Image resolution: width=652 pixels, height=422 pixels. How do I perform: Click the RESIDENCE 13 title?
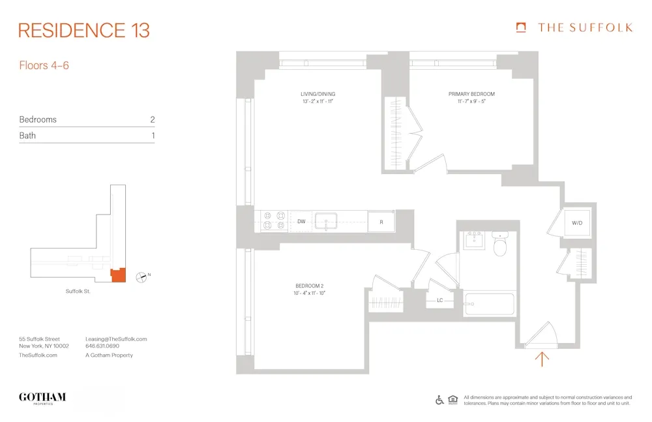[84, 30]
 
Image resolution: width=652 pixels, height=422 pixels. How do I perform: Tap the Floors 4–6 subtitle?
[44, 65]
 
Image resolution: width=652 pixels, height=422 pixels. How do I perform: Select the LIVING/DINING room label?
[318, 94]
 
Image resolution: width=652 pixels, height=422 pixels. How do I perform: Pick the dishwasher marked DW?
[301, 222]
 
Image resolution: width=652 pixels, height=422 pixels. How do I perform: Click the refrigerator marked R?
[381, 222]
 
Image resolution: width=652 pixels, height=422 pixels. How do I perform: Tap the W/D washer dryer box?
[577, 223]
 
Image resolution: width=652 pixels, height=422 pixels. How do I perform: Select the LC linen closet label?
[440, 301]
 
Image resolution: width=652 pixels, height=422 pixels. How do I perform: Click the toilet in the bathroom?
[501, 247]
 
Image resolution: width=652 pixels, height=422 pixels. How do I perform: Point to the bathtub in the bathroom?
[490, 304]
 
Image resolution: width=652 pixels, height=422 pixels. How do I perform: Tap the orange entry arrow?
[542, 358]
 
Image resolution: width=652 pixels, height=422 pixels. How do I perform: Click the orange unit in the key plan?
[117, 275]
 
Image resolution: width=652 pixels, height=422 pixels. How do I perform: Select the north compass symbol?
[140, 277]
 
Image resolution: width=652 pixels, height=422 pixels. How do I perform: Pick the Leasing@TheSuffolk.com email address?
[116, 339]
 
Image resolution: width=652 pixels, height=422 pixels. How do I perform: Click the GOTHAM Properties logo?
[42, 398]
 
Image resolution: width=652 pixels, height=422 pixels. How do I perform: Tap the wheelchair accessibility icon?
[439, 400]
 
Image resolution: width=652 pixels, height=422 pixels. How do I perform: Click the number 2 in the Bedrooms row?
[152, 119]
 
